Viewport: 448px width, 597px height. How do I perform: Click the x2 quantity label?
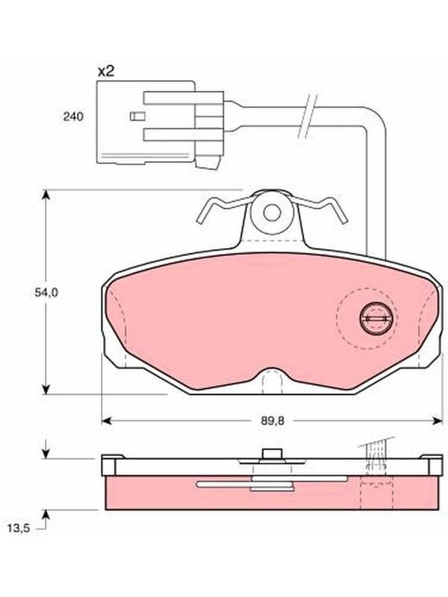point(106,71)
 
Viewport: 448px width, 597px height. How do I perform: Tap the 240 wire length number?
point(73,116)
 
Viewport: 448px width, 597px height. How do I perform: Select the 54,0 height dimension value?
point(46,293)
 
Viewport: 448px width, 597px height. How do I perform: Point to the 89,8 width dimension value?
point(273,421)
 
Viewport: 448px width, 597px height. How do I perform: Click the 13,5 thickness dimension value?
point(18,528)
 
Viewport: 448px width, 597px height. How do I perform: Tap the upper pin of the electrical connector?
point(183,98)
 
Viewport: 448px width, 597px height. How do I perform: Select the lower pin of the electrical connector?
point(183,135)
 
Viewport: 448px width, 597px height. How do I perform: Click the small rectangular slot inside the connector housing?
point(137,116)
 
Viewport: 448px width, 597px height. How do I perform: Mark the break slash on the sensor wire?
point(307,116)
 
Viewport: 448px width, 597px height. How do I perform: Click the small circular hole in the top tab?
point(272,213)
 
